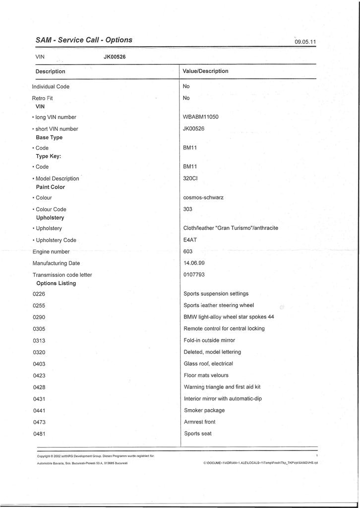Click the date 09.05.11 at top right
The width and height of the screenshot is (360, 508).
pos(305,43)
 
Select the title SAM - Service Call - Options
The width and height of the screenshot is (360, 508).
pos(84,40)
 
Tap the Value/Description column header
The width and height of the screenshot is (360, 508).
pos(205,71)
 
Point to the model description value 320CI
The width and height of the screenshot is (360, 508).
pos(190,178)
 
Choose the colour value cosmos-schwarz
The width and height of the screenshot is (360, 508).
pos(203,197)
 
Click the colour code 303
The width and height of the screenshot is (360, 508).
pos(187,209)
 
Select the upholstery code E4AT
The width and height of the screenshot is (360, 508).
pos(190,240)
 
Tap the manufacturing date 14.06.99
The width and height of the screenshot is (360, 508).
pos(194,263)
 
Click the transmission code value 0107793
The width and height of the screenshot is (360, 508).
pos(194,274)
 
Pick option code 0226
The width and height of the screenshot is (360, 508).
pos(39,294)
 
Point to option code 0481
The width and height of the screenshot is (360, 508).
pos(39,434)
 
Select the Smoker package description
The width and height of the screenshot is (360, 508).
pos(204,410)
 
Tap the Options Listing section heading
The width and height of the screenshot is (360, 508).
pos(56,283)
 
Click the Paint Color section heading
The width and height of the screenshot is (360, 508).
pos(51,187)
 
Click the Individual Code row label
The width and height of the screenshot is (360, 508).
pos(51,86)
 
